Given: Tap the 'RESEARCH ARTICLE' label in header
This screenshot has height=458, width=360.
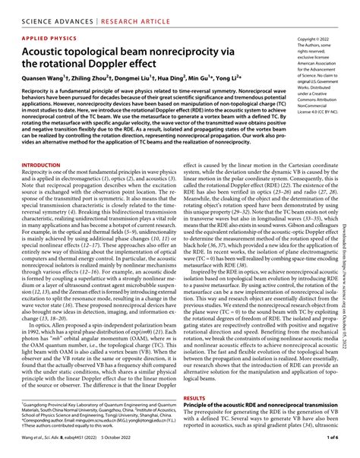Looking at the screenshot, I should (x=129, y=8).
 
